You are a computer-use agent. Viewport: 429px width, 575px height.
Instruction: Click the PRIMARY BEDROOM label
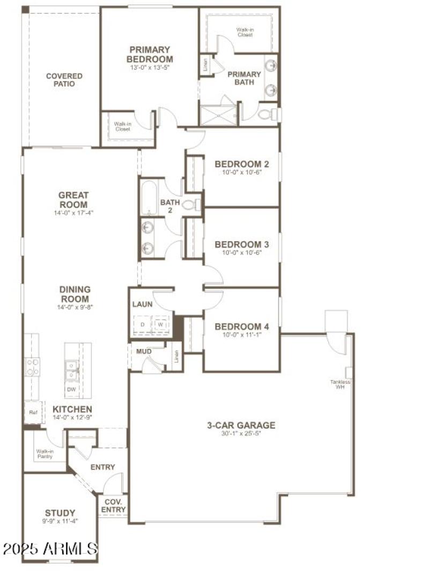click(x=150, y=54)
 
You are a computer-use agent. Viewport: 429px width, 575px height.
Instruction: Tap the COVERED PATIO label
click(x=64, y=80)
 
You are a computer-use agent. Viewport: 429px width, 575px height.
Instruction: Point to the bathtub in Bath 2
click(x=149, y=198)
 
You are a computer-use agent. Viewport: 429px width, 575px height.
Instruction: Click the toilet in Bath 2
click(x=191, y=205)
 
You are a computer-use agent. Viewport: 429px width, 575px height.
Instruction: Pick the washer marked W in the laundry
click(x=160, y=325)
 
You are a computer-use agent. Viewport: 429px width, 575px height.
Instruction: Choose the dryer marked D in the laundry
click(x=143, y=325)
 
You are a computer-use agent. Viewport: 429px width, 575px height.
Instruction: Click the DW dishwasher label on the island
click(x=71, y=389)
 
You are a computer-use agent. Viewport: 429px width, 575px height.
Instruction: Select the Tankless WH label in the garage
click(x=341, y=384)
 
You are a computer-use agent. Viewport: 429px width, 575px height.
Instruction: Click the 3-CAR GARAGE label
click(x=241, y=425)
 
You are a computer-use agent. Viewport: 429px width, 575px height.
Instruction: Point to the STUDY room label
click(x=60, y=513)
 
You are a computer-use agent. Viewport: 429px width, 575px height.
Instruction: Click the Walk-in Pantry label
click(x=45, y=454)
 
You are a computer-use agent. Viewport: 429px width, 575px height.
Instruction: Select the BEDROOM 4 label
click(x=241, y=326)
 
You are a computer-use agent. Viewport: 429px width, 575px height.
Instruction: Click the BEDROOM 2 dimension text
click(x=241, y=173)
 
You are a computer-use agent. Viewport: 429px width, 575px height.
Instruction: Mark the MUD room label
click(x=144, y=352)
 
